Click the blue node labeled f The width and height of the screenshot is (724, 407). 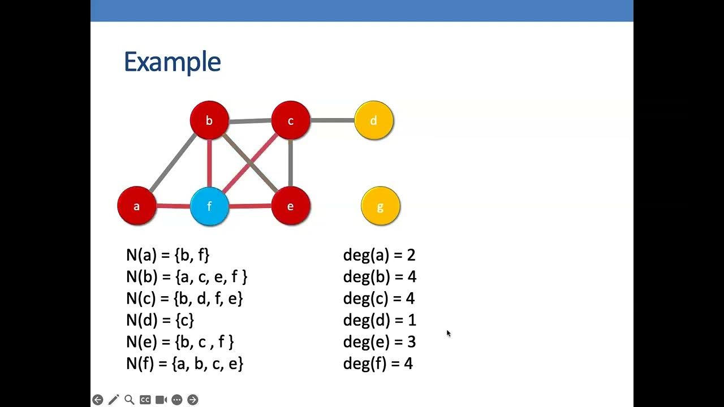tap(209, 206)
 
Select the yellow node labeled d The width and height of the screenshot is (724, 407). tap(373, 120)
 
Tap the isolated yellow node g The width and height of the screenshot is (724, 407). tap(380, 206)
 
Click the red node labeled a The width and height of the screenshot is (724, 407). tap(136, 206)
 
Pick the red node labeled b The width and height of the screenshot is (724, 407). tap(209, 120)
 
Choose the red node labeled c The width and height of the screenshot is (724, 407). tap(290, 120)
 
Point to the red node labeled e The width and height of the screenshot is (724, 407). tap(290, 206)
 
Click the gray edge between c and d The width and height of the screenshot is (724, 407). tap(332, 120)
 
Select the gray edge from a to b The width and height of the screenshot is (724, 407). tap(173, 163)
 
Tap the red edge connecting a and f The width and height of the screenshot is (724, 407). tap(173, 206)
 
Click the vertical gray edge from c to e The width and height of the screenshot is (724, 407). tap(290, 163)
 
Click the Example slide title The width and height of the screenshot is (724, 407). tap(172, 62)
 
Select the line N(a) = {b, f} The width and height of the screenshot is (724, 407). tap(167, 255)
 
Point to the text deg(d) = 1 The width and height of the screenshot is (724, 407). tap(379, 321)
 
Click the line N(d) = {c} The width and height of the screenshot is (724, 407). tap(160, 321)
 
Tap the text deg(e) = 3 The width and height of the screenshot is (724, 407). tap(379, 342)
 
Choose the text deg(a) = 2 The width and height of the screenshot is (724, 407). tap(379, 255)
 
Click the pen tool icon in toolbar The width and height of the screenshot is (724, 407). tap(114, 400)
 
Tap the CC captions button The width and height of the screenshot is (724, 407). tap(145, 400)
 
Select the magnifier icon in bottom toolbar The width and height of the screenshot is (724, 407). tap(129, 400)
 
